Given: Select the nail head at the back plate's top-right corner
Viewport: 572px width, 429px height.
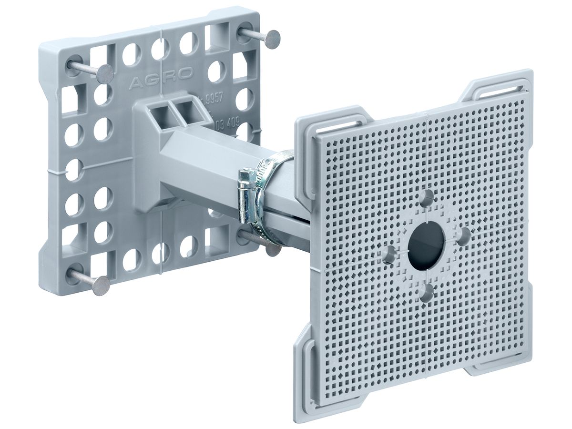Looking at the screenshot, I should (273, 38).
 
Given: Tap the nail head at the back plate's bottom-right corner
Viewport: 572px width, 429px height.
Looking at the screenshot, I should (273, 249).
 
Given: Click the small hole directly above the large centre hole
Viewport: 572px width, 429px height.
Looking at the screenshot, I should (428, 196).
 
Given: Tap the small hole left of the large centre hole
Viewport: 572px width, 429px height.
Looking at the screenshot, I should (390, 254).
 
